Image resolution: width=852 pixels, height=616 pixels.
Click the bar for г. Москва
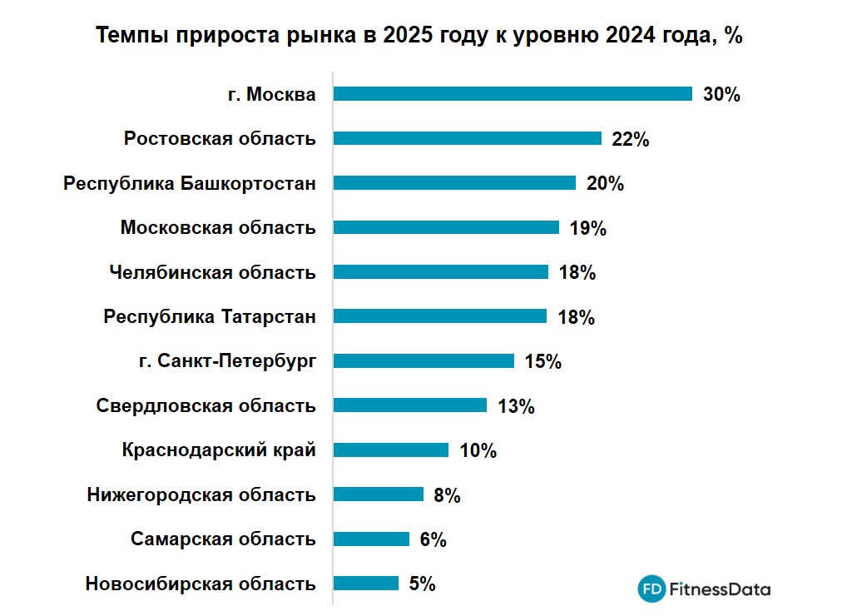point(513,94)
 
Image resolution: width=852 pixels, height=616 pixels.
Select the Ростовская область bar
point(467,138)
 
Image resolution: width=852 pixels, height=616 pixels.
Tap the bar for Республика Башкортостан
point(454,183)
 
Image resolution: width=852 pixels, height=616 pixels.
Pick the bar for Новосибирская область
point(366,584)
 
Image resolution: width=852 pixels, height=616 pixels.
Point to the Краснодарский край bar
point(391,450)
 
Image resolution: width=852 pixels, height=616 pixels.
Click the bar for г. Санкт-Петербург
point(424,361)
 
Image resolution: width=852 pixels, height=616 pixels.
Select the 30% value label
point(721,94)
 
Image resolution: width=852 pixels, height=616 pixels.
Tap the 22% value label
point(630,139)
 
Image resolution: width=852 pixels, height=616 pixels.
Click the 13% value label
point(516,406)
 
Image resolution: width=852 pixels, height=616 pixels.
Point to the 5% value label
point(423,584)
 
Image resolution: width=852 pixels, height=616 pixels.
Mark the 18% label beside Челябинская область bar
point(577,272)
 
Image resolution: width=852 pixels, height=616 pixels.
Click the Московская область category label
point(218,227)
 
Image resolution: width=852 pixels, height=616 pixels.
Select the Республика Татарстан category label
point(210,316)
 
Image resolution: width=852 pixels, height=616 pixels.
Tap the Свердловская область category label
point(206,405)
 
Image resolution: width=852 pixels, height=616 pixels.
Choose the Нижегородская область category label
point(201,494)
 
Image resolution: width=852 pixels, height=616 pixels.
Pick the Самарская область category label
point(223,539)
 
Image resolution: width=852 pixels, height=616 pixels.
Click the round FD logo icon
point(652,589)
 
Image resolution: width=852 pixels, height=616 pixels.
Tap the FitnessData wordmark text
point(721,589)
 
